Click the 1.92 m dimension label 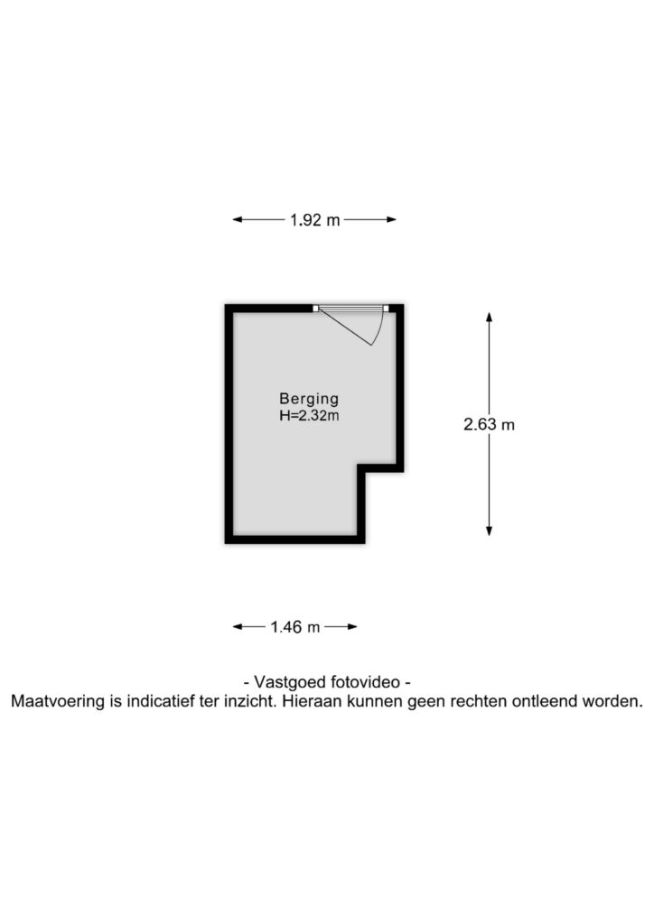[315, 220]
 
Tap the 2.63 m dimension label [489, 424]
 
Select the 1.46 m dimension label [294, 627]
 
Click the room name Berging [309, 400]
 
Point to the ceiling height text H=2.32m [309, 415]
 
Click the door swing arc [380, 328]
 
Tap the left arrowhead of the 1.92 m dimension [238, 220]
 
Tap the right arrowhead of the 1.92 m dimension [391, 220]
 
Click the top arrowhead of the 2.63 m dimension [489, 317]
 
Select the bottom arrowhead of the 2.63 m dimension [489, 531]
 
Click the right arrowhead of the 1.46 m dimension [352, 626]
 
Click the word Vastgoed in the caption [290, 682]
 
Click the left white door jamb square [315, 309]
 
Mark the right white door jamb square [386, 309]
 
